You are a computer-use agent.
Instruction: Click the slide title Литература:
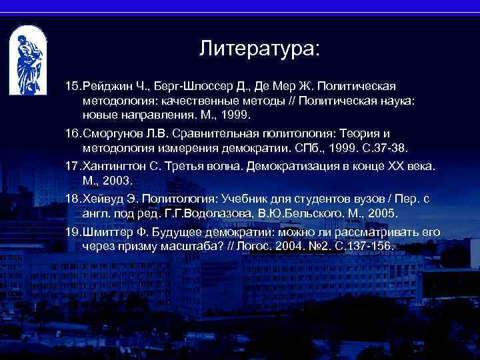coord(259,49)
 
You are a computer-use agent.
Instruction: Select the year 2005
coord(382,213)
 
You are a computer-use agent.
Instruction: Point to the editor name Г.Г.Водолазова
coord(221,213)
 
